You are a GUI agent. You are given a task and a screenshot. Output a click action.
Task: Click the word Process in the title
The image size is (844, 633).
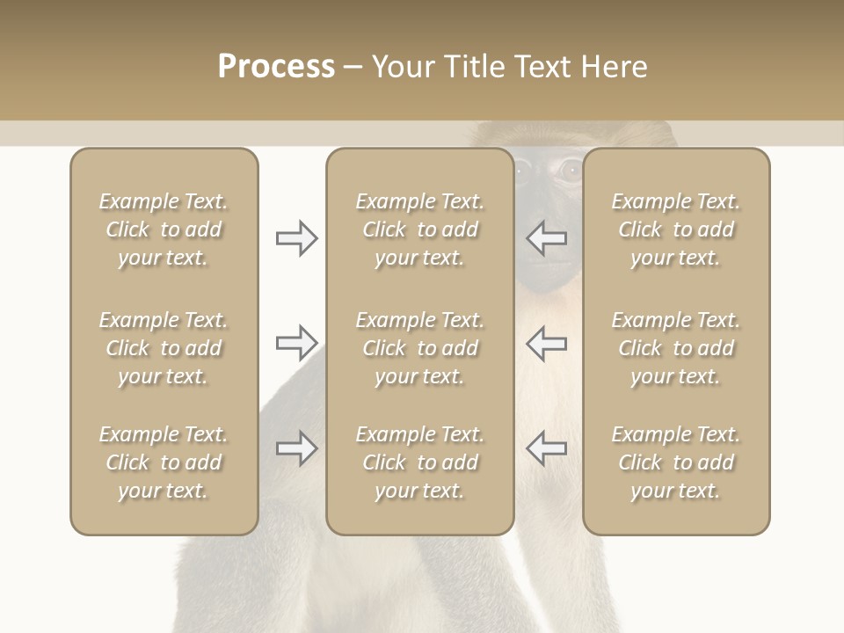point(276,67)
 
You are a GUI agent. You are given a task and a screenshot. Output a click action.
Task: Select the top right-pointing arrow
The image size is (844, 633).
point(297,238)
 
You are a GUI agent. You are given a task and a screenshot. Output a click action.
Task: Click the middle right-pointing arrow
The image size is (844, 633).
point(297,343)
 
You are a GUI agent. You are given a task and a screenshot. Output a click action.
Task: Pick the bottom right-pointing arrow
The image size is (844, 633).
point(297,448)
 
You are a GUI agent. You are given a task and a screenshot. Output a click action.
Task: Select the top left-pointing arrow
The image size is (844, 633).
point(547,238)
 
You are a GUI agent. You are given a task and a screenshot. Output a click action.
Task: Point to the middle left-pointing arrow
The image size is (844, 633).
point(547,343)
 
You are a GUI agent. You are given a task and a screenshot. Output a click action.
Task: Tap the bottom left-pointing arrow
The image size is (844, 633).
point(547,448)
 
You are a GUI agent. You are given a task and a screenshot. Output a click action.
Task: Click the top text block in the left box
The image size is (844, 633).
point(164,229)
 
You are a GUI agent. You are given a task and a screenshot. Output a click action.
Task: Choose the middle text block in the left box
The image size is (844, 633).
point(164,348)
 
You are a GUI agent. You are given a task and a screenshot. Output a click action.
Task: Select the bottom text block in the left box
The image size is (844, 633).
point(164,462)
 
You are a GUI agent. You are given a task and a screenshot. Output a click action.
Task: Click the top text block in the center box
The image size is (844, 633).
point(419,229)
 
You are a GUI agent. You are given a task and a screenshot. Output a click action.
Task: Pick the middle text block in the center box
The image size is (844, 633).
point(419,348)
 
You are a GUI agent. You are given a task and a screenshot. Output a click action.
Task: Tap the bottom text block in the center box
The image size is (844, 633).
point(419,462)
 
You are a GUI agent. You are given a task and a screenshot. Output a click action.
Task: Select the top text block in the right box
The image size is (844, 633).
point(675,229)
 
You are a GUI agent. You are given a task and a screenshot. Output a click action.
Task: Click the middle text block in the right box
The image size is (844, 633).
point(675,348)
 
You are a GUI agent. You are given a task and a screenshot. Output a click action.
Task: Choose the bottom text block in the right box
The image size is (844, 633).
point(675,462)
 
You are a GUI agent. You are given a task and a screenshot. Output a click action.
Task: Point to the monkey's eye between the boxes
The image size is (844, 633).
point(571,171)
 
